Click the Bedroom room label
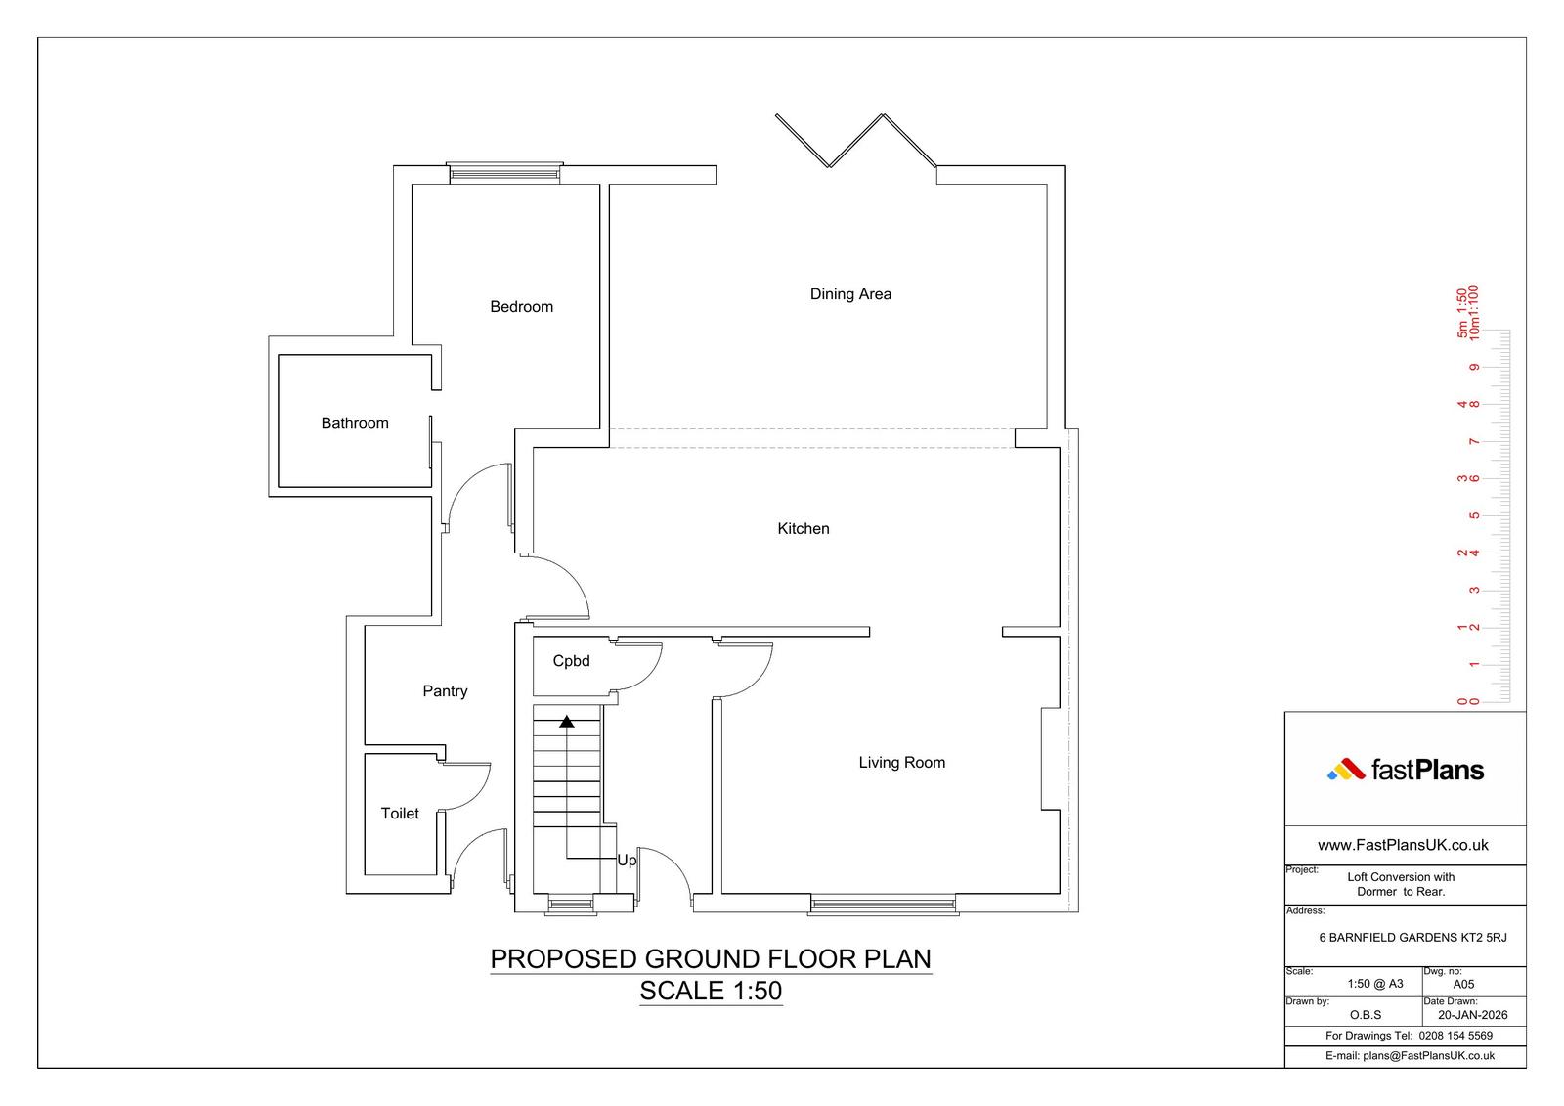tap(522, 307)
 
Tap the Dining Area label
tap(850, 294)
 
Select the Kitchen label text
tap(804, 529)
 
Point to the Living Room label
tap(902, 762)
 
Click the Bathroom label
tap(355, 423)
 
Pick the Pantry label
tap(445, 691)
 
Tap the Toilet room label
tap(400, 814)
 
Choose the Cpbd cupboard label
tap(571, 661)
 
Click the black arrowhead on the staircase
tap(567, 722)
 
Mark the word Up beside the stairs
tap(627, 861)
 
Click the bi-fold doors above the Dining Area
tap(856, 141)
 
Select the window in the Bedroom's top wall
tap(504, 172)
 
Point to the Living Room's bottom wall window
tap(884, 905)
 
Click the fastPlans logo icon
tap(1346, 770)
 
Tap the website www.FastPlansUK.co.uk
tap(1403, 846)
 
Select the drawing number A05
tap(1463, 985)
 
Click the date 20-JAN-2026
tap(1472, 1015)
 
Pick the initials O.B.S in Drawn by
tap(1365, 1015)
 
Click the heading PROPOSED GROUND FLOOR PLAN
tap(711, 959)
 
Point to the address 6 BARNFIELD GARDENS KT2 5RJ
tap(1412, 938)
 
